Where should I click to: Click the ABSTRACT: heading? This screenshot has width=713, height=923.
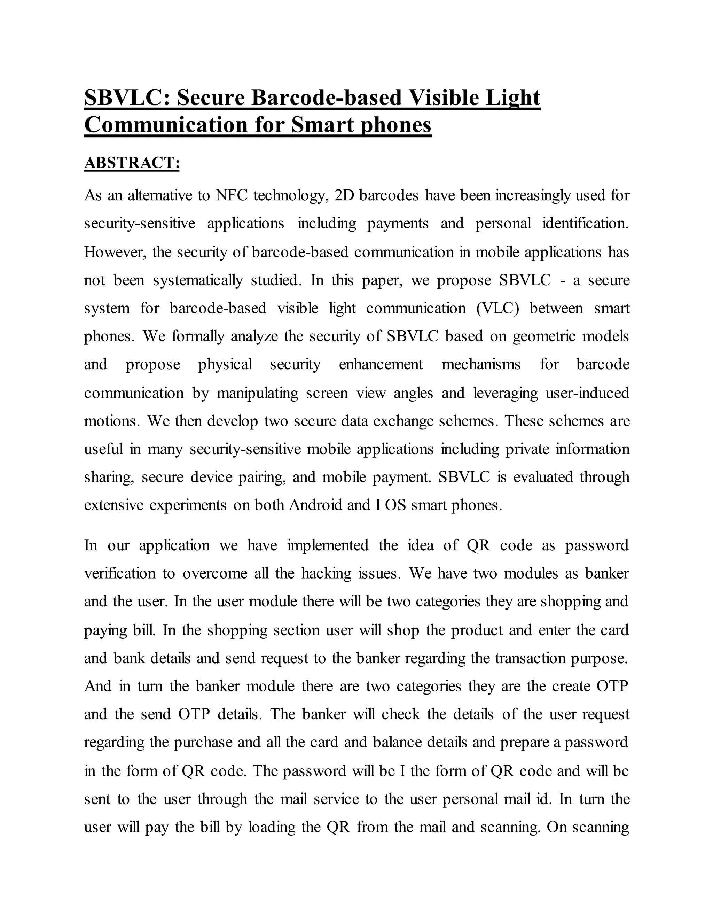point(132,163)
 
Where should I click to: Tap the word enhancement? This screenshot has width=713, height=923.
point(381,364)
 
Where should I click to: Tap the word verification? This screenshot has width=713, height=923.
point(120,574)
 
